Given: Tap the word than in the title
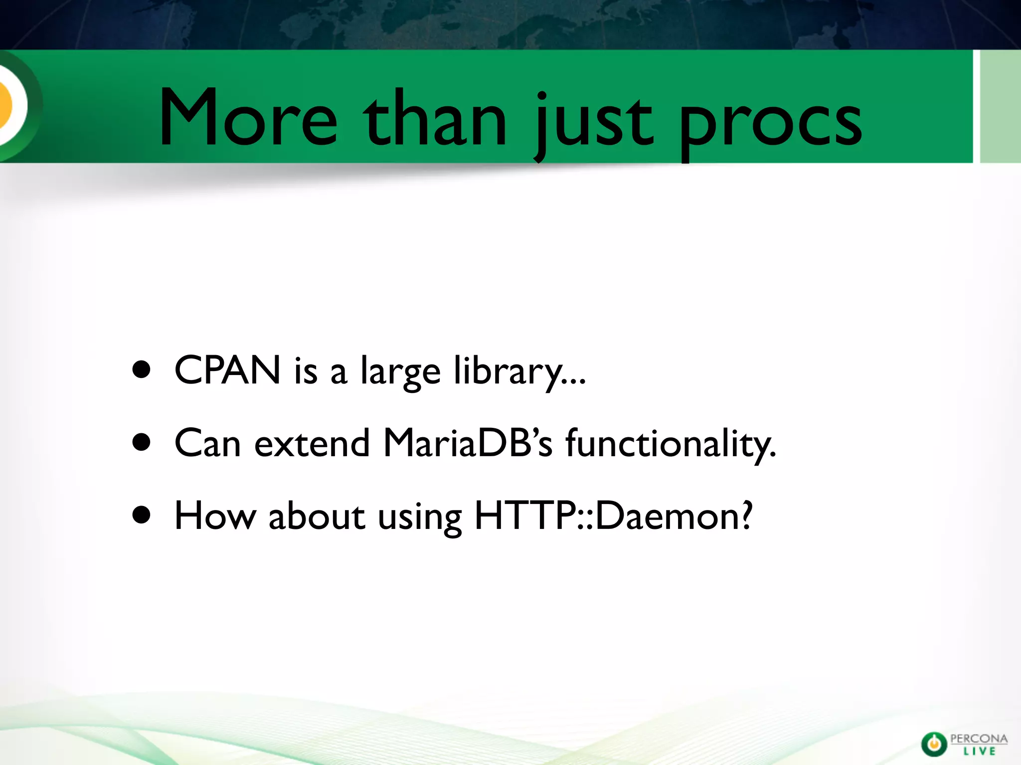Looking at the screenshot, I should pos(435,120).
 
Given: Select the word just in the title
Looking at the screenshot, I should pos(593,122).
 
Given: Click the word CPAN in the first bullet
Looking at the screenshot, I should pos(227,370).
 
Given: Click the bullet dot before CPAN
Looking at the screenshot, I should pos(142,370).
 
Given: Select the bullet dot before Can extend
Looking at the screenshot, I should pos(142,442).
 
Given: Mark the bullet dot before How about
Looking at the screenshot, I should pos(142,515).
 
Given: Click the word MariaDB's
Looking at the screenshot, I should pos(468,443).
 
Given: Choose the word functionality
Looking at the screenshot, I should pos(671,443).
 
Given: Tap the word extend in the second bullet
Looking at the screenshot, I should pos(312,443).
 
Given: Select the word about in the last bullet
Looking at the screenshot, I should pos(316,516).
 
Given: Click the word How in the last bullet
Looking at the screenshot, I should pos(215,516).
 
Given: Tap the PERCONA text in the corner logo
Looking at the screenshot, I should pos(979,739).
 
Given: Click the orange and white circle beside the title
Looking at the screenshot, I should pos(10,105).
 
